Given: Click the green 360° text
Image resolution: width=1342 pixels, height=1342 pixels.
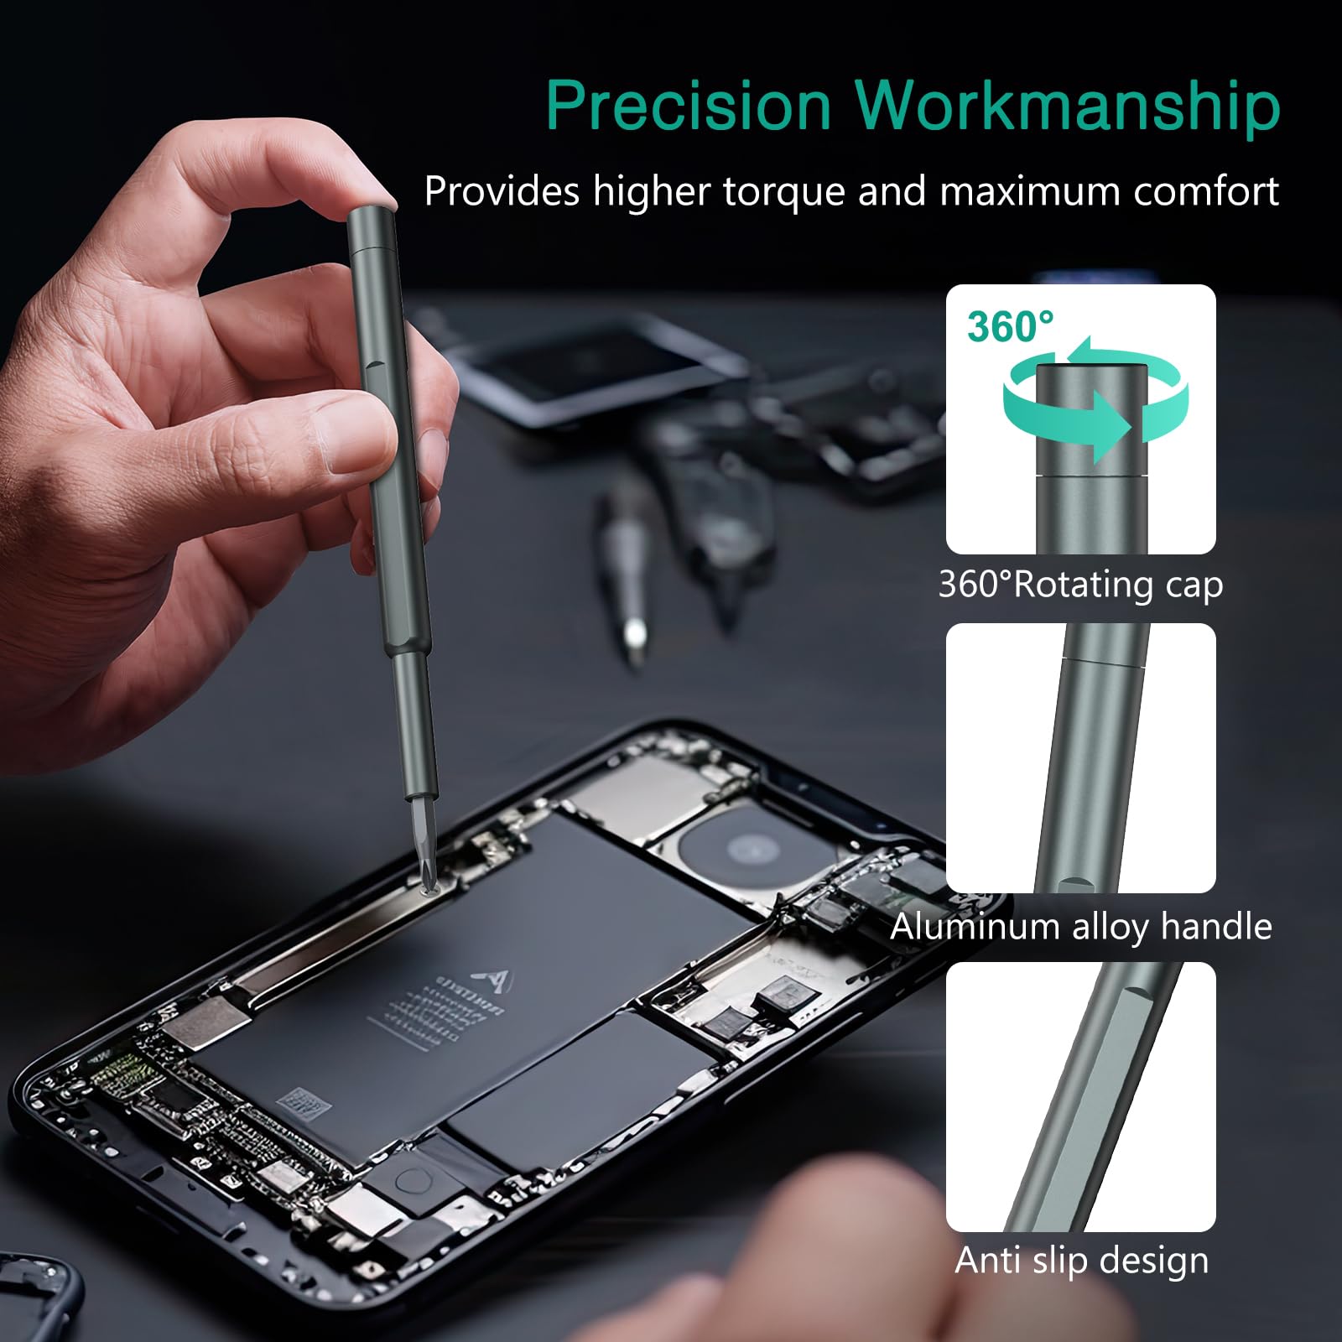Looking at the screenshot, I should tap(1010, 326).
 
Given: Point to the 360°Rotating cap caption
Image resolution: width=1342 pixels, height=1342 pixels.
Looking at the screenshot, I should tap(1080, 585).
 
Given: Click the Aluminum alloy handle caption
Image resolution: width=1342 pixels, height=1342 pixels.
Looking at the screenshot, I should tap(1080, 927).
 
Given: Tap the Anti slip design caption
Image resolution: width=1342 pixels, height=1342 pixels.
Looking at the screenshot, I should tap(1081, 1261).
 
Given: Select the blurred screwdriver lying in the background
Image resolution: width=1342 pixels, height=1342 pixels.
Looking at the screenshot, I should tap(625, 570).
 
